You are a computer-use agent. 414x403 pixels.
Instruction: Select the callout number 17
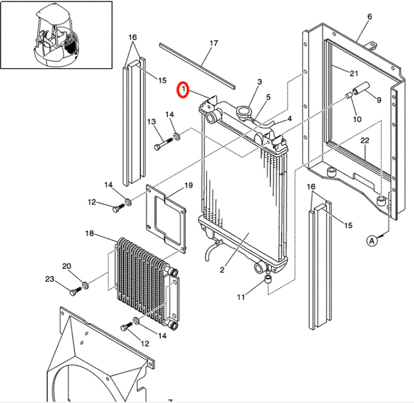(214, 44)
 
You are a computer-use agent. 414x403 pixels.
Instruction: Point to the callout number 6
(369, 16)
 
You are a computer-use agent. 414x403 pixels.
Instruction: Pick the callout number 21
(354, 73)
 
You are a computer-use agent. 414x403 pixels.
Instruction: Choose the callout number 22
(365, 141)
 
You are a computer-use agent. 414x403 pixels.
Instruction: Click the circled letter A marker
(372, 240)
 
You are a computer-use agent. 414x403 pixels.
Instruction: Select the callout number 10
(356, 119)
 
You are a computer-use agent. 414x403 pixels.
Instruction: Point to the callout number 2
(221, 270)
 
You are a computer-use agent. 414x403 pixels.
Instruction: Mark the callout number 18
(89, 233)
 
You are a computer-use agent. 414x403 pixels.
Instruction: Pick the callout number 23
(50, 279)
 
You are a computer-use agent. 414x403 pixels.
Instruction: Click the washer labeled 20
(84, 286)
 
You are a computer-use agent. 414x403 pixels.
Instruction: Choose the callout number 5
(268, 98)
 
